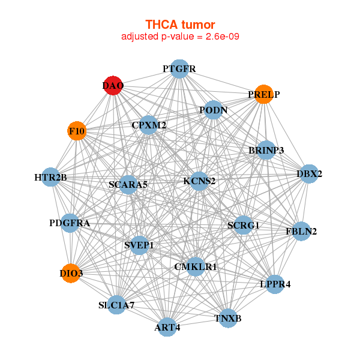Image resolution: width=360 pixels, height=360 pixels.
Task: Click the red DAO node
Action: [113, 86]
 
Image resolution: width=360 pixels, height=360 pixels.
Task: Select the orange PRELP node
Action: [264, 94]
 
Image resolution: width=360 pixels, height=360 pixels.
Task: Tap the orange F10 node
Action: [77, 130]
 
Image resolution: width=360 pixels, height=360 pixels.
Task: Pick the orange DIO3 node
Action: [71, 273]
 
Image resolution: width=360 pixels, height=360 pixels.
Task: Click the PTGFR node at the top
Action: [179, 69]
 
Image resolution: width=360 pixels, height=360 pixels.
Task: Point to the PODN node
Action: [214, 110]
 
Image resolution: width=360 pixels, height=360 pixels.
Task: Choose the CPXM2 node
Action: [149, 125]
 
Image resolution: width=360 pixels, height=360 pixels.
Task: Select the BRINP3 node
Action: [266, 149]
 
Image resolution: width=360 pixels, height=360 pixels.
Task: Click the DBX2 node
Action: [309, 174]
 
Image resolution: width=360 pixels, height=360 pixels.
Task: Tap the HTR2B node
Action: [51, 177]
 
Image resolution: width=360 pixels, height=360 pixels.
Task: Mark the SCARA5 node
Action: [128, 184]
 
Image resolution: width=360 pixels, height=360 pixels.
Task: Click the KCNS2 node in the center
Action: [199, 180]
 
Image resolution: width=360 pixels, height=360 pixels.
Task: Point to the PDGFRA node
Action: [70, 223]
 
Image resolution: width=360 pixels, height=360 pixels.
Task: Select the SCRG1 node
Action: [243, 225]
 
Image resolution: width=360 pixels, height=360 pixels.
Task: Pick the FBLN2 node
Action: [301, 230]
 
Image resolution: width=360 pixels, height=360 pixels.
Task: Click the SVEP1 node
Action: [139, 245]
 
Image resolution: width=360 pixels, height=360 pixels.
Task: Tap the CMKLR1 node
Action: [196, 266]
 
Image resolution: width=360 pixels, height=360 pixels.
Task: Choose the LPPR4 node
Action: [275, 284]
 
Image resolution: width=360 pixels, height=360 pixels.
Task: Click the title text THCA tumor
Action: [180, 25]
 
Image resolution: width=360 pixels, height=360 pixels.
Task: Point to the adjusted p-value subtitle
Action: [180, 37]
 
